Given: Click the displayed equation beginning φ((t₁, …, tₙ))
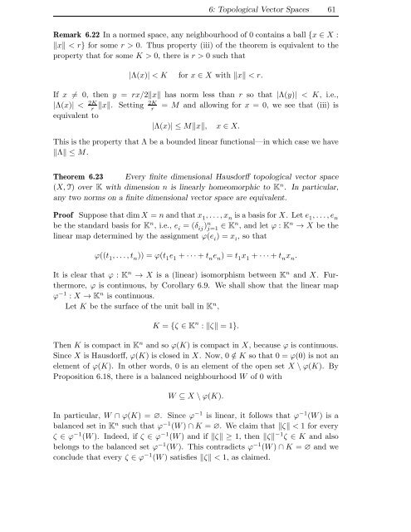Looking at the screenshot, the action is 205,303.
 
